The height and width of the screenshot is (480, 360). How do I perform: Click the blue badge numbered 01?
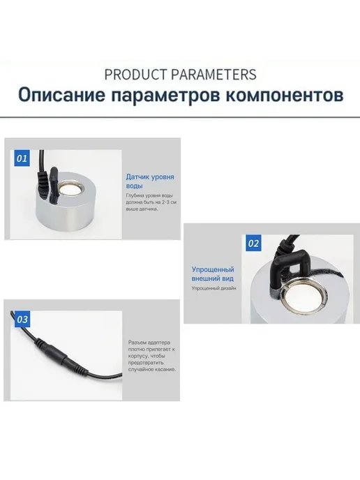(22, 158)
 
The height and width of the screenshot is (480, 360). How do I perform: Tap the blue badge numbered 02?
(253, 243)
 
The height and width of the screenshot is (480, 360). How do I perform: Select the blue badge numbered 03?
(22, 320)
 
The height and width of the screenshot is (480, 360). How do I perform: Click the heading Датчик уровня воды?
(150, 181)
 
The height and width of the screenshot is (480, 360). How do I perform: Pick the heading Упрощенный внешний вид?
(213, 274)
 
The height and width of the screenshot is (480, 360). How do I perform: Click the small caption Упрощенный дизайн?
(213, 288)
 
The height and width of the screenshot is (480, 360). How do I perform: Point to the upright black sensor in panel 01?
(54, 185)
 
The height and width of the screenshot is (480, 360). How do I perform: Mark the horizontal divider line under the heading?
(180, 117)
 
